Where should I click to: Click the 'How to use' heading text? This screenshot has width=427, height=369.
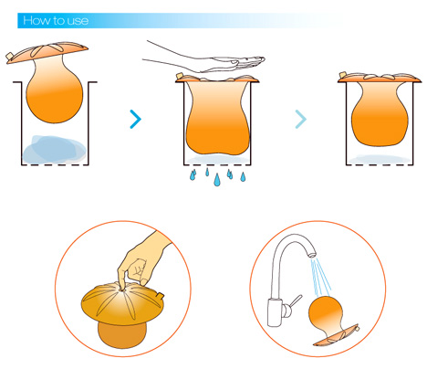pos(56,21)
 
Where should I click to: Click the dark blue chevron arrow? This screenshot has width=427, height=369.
pos(136,119)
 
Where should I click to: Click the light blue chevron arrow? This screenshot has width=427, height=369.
pos(301,119)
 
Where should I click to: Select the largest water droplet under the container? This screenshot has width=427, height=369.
pos(217,180)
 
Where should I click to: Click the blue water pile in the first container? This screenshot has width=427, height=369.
pos(54,149)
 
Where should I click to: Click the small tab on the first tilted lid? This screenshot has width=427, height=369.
pos(10,56)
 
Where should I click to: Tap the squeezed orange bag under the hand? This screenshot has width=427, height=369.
pos(217,117)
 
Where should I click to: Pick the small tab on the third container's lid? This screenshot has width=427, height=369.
pos(343,75)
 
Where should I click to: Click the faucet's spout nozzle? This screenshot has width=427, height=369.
pos(312,254)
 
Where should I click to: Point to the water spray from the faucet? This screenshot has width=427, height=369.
pos(320,277)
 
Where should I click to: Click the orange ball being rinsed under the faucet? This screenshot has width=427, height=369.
pos(326,313)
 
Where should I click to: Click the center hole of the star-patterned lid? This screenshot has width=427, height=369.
pos(122,290)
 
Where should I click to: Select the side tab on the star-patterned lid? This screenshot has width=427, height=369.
pos(161,295)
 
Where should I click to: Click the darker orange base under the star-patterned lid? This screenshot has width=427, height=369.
pos(122,334)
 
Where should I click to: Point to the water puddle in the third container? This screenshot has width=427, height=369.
pos(380,159)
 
